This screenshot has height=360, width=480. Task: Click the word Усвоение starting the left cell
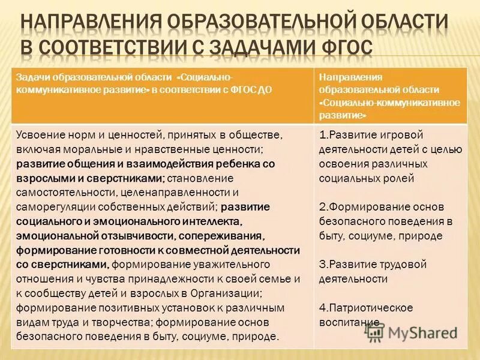(40, 134)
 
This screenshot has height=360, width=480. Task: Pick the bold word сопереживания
(227, 236)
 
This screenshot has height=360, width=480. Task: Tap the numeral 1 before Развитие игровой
(322, 134)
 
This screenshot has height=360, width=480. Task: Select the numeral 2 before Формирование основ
(322, 206)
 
